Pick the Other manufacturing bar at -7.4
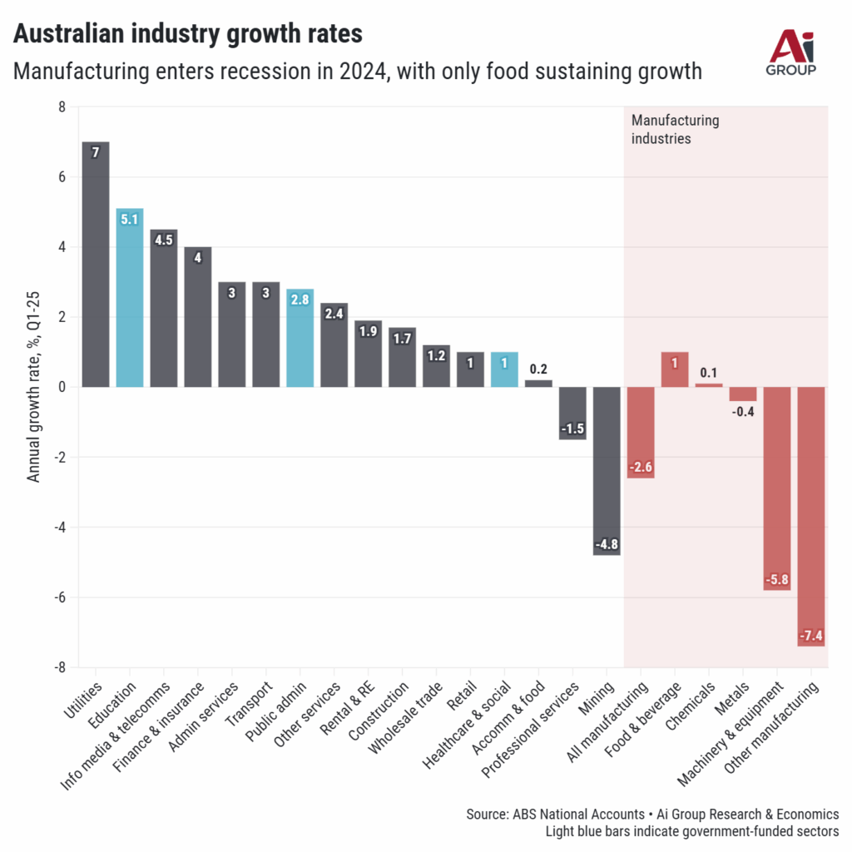(x=811, y=516)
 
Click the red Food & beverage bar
(x=675, y=369)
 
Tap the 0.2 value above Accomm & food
(x=538, y=369)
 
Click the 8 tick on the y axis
(x=61, y=107)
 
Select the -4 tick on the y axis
(x=58, y=528)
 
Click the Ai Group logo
(x=790, y=52)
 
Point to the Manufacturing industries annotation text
(x=675, y=130)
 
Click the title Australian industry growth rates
(x=187, y=34)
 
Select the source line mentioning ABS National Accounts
(x=652, y=814)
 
